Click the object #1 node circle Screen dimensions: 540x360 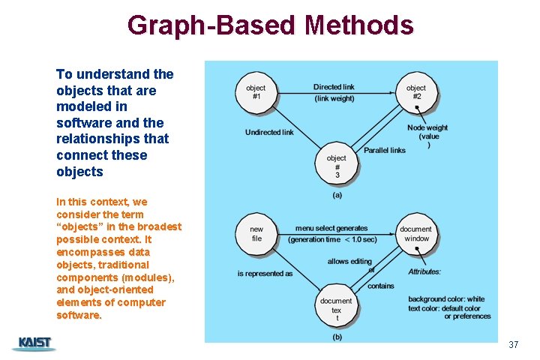[256, 92]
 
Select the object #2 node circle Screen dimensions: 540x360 [416, 92]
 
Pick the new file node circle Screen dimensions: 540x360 [256, 234]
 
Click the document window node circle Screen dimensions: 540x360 [415, 234]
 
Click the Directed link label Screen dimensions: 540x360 [334, 87]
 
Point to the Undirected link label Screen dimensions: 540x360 [269, 133]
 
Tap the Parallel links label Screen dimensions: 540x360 [385, 150]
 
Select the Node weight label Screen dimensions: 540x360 [427, 128]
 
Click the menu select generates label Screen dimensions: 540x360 [331, 228]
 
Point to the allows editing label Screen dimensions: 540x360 [349, 261]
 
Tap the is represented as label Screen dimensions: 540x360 [265, 274]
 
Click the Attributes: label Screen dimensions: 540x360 [424, 271]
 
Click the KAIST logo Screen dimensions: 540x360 [34, 344]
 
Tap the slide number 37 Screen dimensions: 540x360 [513, 345]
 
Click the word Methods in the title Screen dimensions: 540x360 [358, 25]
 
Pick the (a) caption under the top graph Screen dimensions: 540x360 [337, 195]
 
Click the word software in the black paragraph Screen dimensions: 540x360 [81, 122]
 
